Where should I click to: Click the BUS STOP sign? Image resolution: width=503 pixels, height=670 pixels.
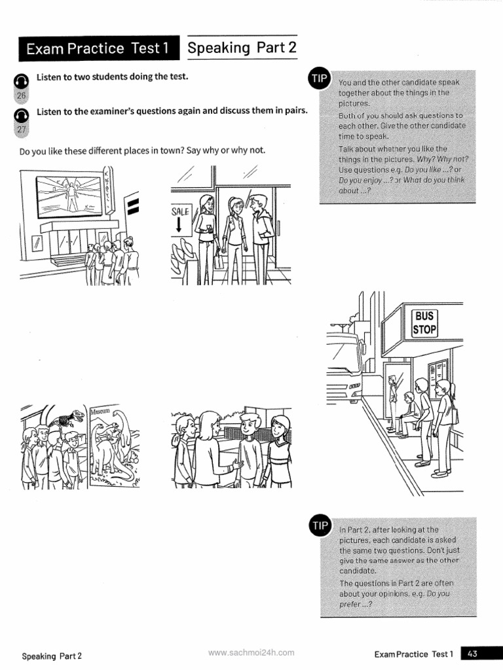coord(424,322)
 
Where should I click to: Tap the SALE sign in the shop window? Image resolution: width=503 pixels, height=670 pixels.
coord(180,211)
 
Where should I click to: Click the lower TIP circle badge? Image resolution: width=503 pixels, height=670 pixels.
coord(320,525)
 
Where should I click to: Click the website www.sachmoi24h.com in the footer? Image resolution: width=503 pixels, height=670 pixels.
coord(251,652)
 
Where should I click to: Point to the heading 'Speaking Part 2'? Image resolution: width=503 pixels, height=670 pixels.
coord(242,48)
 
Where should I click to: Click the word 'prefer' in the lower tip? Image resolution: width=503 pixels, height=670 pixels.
coord(351,605)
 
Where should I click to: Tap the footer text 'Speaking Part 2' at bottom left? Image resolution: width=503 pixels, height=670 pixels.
coord(52,655)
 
